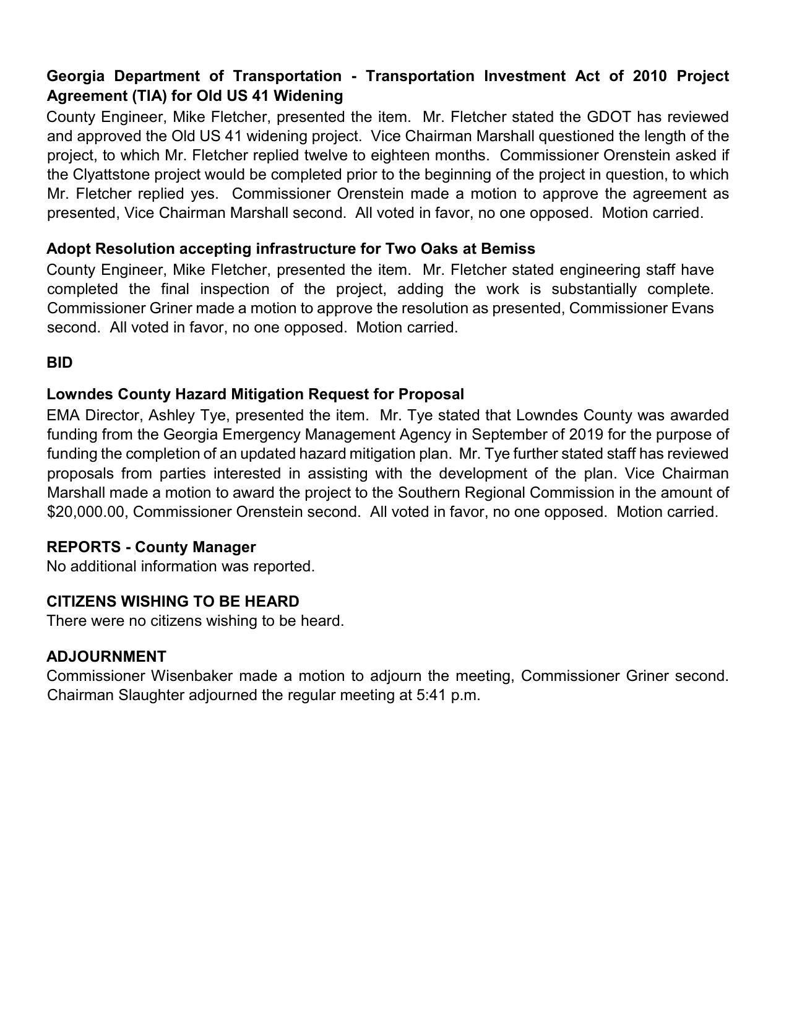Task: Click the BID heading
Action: (59, 363)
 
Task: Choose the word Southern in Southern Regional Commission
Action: (427, 493)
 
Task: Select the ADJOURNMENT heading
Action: (106, 656)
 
